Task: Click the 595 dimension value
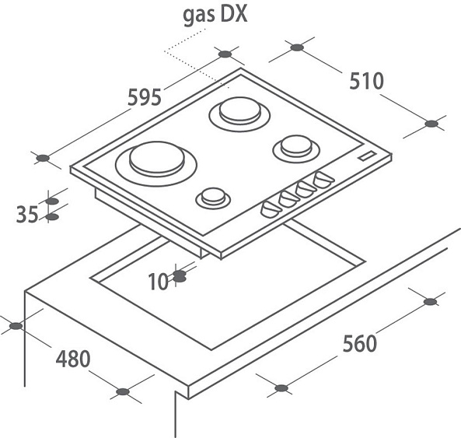(x=145, y=96)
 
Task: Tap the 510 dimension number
(x=367, y=81)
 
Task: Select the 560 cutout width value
(x=360, y=343)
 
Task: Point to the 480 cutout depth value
(x=73, y=359)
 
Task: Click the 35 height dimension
(x=27, y=214)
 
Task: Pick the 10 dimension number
(x=158, y=282)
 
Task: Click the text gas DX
(x=215, y=15)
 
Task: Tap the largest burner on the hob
(x=156, y=163)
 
